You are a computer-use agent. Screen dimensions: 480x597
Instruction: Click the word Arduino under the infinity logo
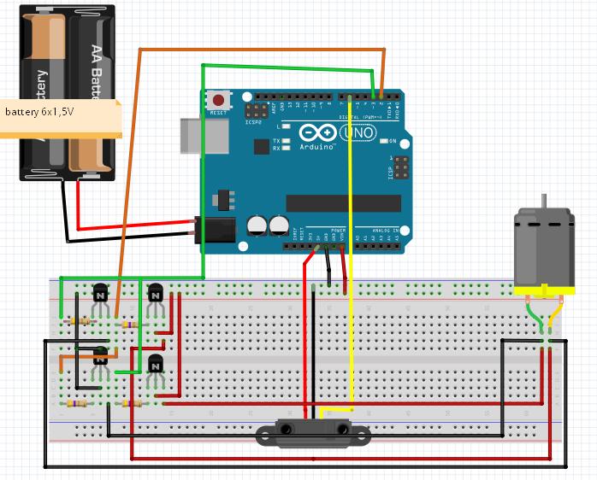(316, 147)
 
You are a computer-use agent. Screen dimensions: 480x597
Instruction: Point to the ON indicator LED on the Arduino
(383, 141)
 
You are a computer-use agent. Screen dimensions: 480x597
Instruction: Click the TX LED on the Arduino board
(286, 140)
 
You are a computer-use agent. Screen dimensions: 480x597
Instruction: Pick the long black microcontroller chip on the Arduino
(343, 202)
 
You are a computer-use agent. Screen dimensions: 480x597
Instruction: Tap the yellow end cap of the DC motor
(541, 290)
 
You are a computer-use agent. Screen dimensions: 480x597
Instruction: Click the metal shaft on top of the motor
(541, 202)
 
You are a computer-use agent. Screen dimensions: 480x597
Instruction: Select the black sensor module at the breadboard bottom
(314, 433)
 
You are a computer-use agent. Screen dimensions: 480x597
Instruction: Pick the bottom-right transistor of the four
(155, 365)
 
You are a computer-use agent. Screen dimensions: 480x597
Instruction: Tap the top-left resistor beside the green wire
(81, 321)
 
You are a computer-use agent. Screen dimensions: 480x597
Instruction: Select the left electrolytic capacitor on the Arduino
(257, 225)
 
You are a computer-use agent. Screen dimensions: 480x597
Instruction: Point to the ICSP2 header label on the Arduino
(253, 122)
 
